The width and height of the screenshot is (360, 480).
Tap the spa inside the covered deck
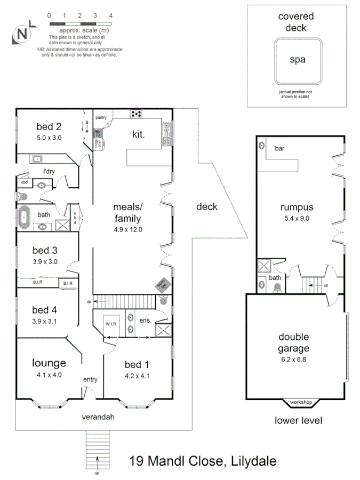297,60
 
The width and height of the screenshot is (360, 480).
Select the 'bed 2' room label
49,126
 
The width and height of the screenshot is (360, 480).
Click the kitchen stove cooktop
137,114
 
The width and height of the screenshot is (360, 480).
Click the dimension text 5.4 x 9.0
298,218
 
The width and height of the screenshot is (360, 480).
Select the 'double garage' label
293,343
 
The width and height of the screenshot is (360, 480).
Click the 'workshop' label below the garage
301,402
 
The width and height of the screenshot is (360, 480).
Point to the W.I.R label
111,324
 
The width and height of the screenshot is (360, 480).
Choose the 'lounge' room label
49,363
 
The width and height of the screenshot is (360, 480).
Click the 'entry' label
90,379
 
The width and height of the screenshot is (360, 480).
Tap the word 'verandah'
98,417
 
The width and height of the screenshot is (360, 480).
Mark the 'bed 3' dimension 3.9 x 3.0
45,261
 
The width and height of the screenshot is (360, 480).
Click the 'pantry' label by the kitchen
101,117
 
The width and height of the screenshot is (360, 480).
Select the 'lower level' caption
299,420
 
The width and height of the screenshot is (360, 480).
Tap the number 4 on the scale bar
111,16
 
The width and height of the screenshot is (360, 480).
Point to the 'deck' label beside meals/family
207,206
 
